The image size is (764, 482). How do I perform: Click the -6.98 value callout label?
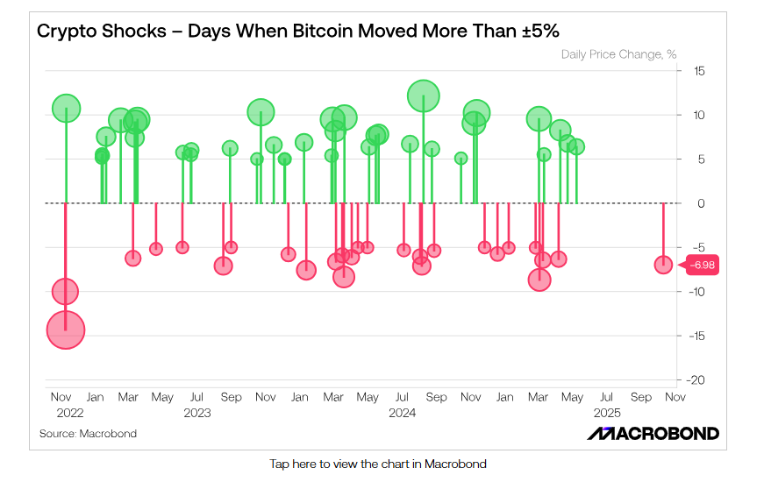point(702,265)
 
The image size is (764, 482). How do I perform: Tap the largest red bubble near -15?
point(65,330)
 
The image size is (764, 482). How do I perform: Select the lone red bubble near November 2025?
point(663,265)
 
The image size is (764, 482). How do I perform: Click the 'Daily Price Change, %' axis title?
point(618,54)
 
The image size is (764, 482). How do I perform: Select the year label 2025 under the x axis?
point(606,412)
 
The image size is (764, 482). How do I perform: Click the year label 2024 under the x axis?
point(402,412)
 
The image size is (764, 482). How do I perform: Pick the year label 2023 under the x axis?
point(197,412)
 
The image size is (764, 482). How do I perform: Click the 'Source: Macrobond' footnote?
point(88,434)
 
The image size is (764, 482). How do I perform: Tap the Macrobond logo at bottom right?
point(653,434)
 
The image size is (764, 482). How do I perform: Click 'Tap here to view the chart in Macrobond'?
point(377,464)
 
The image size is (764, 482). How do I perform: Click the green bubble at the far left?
point(66,109)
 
